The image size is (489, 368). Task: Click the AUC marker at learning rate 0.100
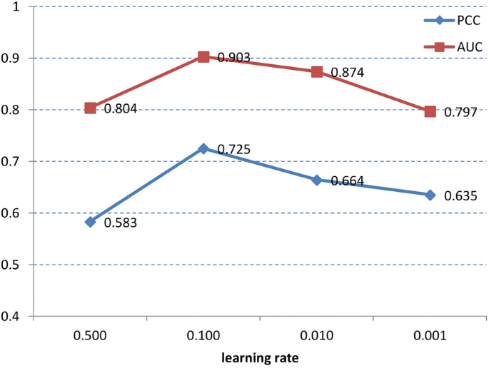pyautogui.click(x=203, y=57)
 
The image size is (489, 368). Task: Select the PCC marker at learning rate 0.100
pyautogui.click(x=203, y=148)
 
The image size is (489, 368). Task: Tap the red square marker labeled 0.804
pyautogui.click(x=91, y=108)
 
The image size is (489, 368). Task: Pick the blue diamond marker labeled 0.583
pyautogui.click(x=91, y=222)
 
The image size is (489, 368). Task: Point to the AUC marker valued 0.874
pyautogui.click(x=317, y=72)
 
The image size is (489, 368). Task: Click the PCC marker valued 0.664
pyautogui.click(x=317, y=180)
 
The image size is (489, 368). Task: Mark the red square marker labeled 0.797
pyautogui.click(x=430, y=111)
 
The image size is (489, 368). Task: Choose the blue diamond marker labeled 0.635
pyautogui.click(x=430, y=195)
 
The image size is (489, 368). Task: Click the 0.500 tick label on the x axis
pyautogui.click(x=91, y=333)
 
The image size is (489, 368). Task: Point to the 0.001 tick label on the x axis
pyautogui.click(x=430, y=333)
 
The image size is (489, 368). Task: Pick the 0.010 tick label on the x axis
pyautogui.click(x=317, y=333)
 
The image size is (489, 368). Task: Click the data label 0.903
pyautogui.click(x=234, y=58)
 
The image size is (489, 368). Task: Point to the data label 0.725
pyautogui.click(x=234, y=150)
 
